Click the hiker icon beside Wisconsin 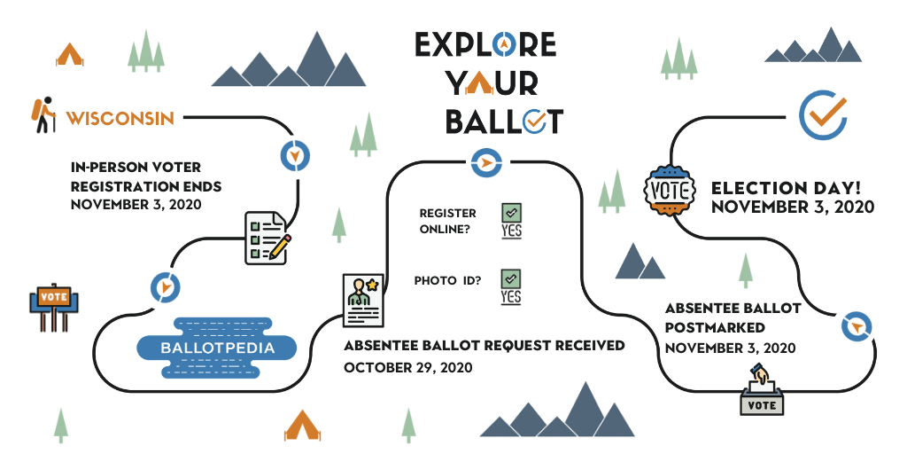coord(43,115)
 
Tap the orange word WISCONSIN coord(120,118)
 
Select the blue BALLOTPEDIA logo coord(217,348)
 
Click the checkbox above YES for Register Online coord(511,212)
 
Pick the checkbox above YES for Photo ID coord(511,278)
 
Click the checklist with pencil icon coord(267,238)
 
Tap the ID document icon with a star coord(362,300)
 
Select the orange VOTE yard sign coord(54,307)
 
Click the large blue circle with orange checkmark coord(824,114)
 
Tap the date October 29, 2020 coord(407,368)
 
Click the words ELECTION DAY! coord(786,188)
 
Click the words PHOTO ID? coord(447,281)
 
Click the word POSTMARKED coord(715,328)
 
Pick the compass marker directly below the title coord(486,163)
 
